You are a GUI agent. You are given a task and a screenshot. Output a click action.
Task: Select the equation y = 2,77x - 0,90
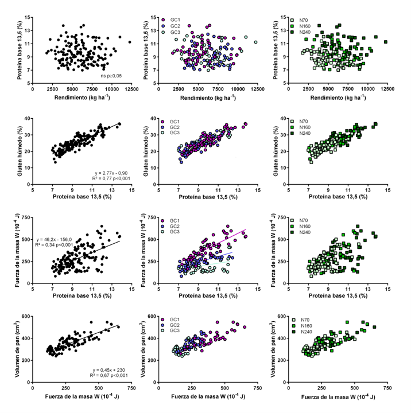[x=113, y=172]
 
